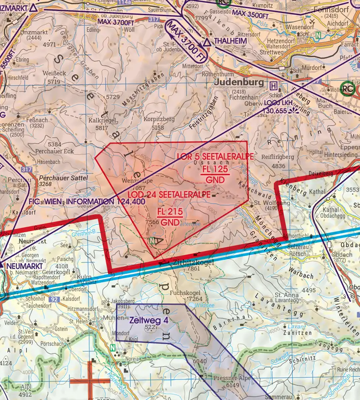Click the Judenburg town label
coord(239,82)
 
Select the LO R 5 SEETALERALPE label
coord(216,156)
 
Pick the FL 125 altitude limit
coord(215,170)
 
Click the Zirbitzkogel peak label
coord(190,262)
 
